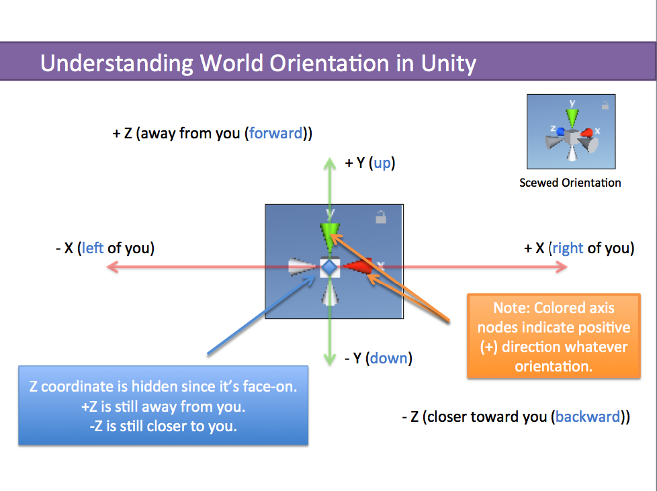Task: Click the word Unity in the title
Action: (x=448, y=63)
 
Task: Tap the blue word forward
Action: (x=275, y=133)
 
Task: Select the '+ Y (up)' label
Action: (x=369, y=163)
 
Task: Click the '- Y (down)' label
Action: (x=378, y=358)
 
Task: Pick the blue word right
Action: (x=567, y=248)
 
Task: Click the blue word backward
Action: (x=587, y=416)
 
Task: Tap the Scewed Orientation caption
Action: (x=570, y=183)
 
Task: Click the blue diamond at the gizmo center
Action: (x=328, y=267)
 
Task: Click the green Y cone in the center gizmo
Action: (x=329, y=232)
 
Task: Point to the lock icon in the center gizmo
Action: (x=380, y=217)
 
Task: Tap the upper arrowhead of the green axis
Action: (x=329, y=161)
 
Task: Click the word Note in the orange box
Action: (x=510, y=308)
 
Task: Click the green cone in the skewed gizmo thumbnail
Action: (x=572, y=118)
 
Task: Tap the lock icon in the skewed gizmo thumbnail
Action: (x=605, y=105)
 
